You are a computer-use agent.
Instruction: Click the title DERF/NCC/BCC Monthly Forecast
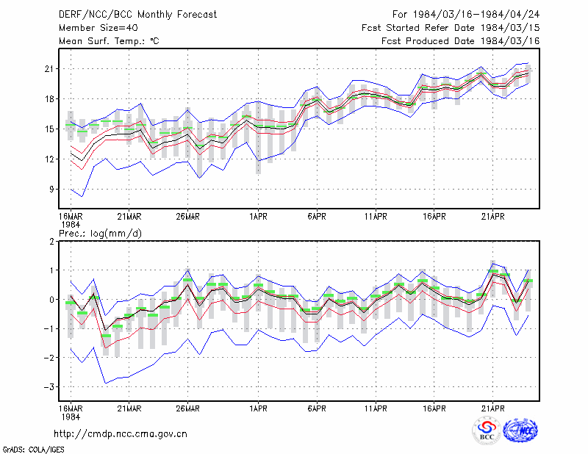137,15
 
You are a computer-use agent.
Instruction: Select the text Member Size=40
98,28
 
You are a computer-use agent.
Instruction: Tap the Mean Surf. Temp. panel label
109,41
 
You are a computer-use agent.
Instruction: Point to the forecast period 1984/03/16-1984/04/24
476,15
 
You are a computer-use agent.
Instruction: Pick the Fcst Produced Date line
460,41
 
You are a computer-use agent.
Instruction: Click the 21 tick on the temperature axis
49,69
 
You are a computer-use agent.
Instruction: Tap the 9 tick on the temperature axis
51,190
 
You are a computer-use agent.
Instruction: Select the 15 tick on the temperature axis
49,129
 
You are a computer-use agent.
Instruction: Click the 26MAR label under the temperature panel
188,217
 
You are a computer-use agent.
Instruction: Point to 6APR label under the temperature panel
317,217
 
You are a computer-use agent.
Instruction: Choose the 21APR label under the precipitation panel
492,408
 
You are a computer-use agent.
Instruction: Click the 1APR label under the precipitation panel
259,408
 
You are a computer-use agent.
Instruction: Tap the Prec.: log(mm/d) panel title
101,234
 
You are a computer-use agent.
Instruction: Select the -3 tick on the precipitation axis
49,387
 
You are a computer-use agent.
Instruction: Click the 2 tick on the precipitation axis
51,242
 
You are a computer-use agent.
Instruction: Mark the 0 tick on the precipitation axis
51,300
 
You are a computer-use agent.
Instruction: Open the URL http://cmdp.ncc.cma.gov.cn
121,434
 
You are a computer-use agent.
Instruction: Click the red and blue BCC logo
487,431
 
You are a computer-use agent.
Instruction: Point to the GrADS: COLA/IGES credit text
34,450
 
